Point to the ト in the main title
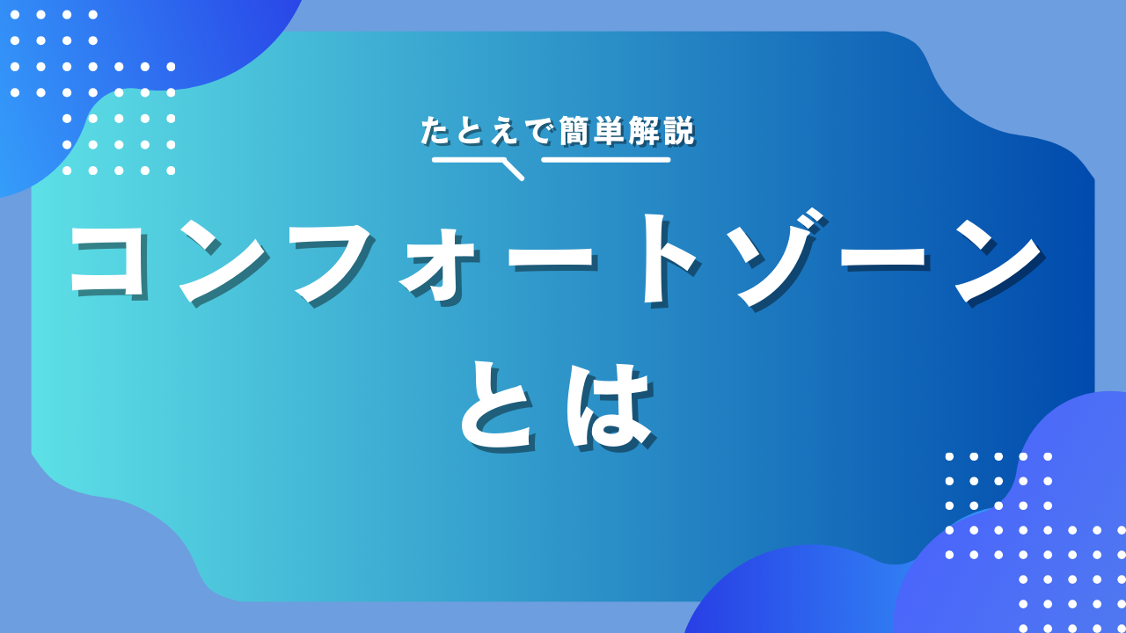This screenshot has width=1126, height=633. coord(668,260)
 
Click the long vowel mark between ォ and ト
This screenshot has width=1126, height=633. coord(551,260)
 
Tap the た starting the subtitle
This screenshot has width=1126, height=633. coord(435,131)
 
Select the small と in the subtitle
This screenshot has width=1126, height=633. coord(471,131)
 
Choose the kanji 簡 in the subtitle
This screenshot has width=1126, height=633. coord(574,131)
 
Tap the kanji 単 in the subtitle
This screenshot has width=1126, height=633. coord(608,131)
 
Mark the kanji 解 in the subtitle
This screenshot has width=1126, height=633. coord(643,131)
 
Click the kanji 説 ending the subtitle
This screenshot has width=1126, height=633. coord(678,131)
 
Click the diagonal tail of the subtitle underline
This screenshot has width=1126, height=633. coord(513,170)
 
